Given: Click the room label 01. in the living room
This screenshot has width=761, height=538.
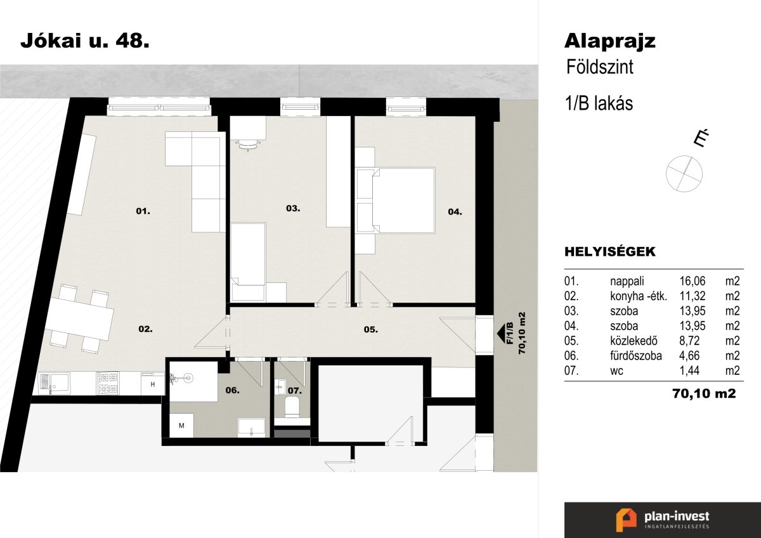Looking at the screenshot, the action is pos(143,211).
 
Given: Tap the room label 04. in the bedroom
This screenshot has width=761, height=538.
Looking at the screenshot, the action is pos(455,212).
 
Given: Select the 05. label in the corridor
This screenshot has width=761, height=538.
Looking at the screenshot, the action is pos(370,329).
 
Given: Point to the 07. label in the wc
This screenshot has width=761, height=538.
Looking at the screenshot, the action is pos(294,391).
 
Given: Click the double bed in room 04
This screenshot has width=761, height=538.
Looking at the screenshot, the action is pos(403,200).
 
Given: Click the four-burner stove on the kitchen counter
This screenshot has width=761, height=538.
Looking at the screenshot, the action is pos(108,383).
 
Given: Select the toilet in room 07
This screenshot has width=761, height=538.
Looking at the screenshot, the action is pos(292,407).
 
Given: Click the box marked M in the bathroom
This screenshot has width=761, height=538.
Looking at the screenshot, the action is pos(181,426).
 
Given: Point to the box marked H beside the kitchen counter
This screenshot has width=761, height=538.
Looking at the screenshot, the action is pos(153,384).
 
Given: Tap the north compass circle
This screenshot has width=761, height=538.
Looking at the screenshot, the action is pos(684,174).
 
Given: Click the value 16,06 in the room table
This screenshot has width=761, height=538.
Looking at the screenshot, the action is pos(693,281).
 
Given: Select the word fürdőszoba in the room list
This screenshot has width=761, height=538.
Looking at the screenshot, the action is pos(636,355).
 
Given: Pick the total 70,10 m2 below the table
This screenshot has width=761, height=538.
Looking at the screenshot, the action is pos(704,393).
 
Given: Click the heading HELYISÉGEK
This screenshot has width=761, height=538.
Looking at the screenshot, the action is pos(610,252).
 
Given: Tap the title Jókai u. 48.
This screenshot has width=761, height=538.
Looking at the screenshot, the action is pos(85,41).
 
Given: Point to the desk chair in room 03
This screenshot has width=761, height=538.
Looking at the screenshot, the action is pos(248,145).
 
